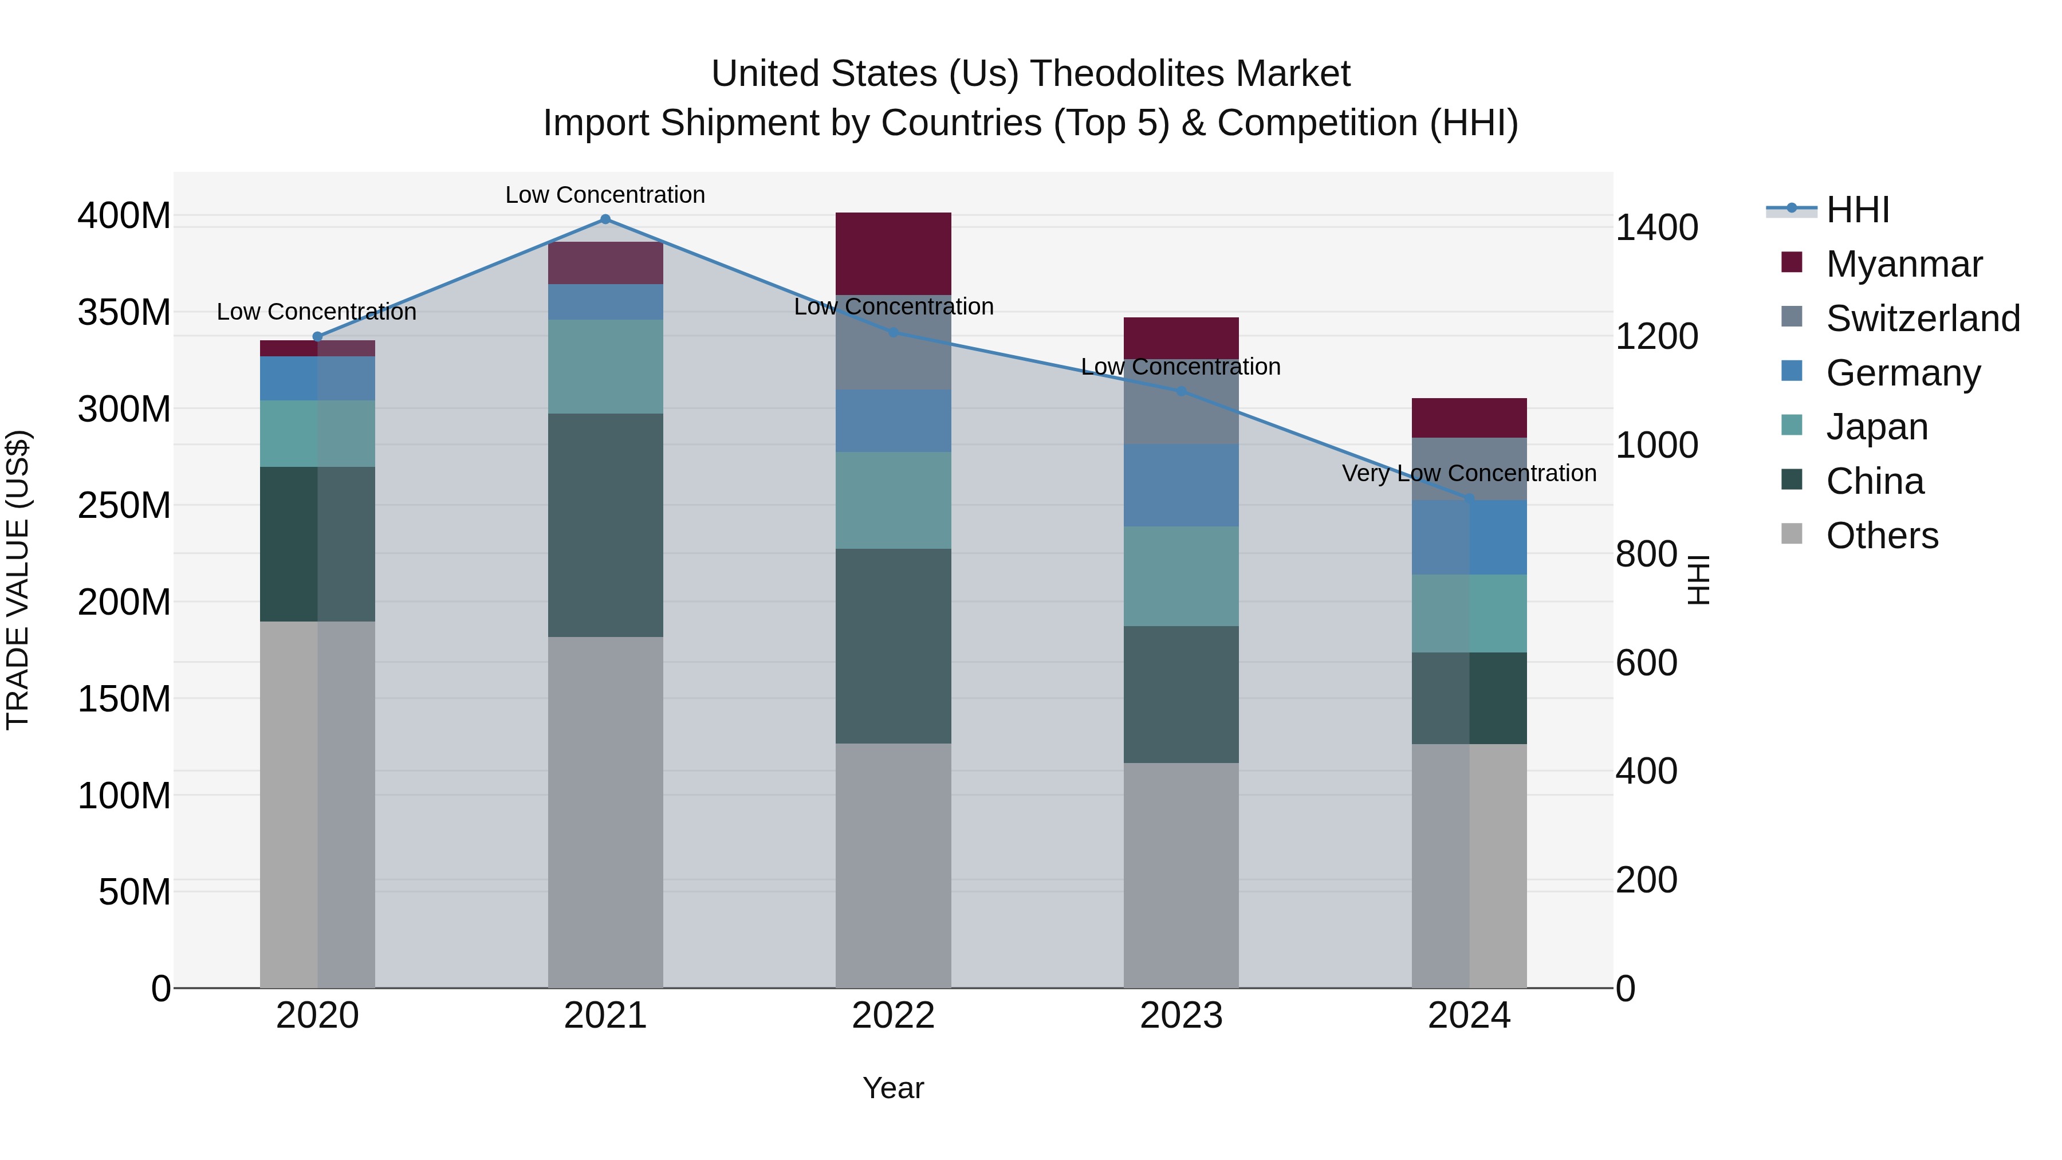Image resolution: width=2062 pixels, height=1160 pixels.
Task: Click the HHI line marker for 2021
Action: point(605,219)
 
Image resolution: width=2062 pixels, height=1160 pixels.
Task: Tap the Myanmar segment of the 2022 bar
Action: point(894,253)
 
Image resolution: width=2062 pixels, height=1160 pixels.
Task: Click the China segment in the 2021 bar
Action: point(605,525)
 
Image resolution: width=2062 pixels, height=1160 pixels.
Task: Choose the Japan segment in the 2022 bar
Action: point(894,500)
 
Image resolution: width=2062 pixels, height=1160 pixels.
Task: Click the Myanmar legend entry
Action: point(1903,264)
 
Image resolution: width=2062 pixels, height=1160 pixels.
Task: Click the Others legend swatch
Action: point(1792,534)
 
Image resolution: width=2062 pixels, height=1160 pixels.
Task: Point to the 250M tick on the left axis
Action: point(124,505)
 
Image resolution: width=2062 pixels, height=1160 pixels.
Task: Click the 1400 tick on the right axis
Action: point(1656,228)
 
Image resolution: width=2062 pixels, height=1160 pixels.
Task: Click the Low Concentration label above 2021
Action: point(605,195)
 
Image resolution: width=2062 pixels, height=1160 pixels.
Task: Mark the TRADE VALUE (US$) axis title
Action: point(18,580)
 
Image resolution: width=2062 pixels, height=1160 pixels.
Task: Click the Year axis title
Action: point(894,1088)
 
